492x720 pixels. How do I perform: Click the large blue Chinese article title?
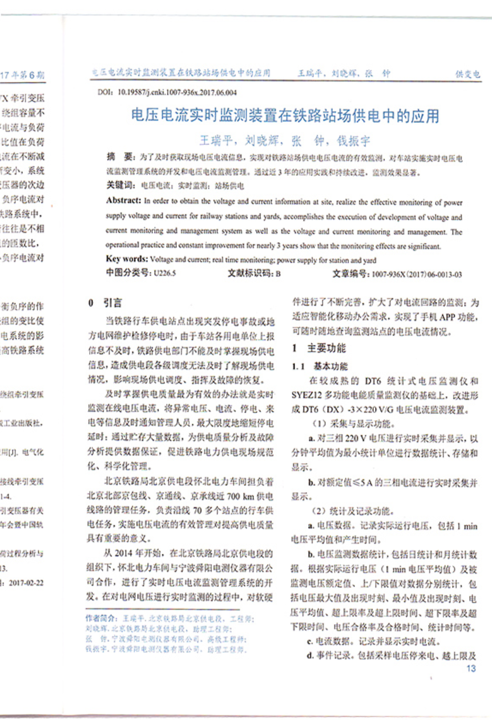tap(285, 116)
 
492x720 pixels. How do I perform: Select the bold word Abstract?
tap(123, 201)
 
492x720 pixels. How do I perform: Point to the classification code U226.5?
tap(165, 273)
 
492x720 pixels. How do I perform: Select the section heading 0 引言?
tap(104, 303)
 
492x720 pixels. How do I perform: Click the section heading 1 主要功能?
tap(319, 348)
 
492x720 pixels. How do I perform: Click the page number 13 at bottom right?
tap(471, 669)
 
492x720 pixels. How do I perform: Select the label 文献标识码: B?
tap(254, 273)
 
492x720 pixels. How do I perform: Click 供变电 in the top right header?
tap(467, 74)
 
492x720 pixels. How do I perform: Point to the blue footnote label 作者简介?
tap(102, 618)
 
